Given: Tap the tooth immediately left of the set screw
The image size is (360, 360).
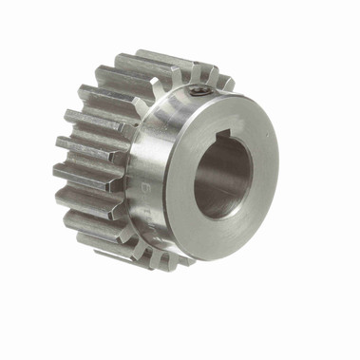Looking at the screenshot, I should [x=176, y=71].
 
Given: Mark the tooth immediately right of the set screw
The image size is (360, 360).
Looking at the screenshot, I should [x=213, y=78].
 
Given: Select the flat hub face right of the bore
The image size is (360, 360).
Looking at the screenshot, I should [x=266, y=166].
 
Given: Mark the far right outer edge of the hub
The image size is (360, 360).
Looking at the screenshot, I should [x=278, y=161].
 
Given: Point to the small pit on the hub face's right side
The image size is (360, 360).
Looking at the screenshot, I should [x=269, y=180].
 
